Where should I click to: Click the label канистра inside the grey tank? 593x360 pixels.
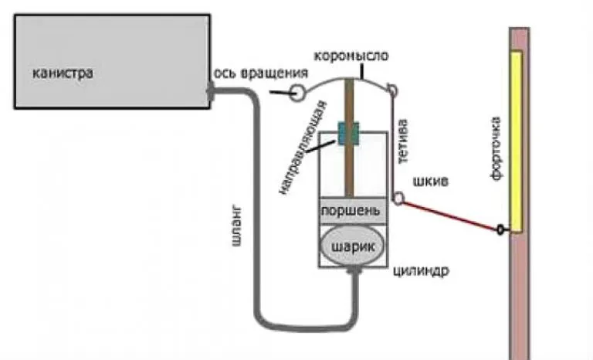click(x=63, y=73)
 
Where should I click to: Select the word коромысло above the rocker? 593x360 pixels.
click(x=352, y=56)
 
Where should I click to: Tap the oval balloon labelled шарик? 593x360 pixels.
click(x=352, y=245)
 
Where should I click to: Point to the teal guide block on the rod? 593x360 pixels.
click(x=350, y=134)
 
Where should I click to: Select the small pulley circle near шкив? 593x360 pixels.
click(x=398, y=199)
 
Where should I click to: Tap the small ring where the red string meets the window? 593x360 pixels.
click(x=503, y=229)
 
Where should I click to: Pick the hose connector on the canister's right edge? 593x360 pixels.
click(x=212, y=92)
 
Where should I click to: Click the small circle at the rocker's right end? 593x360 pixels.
click(x=392, y=91)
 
